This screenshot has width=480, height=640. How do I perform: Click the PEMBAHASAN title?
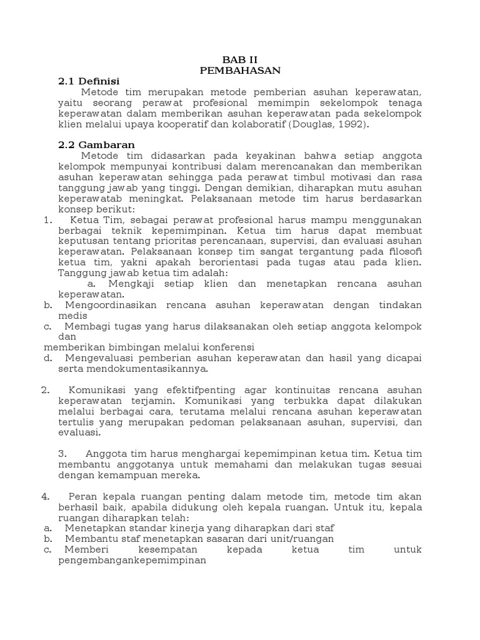click(241, 70)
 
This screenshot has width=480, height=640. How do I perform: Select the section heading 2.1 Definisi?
click(88, 81)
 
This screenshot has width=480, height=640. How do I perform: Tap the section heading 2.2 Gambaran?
click(96, 144)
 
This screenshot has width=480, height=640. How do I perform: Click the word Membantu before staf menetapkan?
click(91, 539)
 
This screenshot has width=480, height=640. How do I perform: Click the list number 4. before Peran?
click(46, 496)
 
